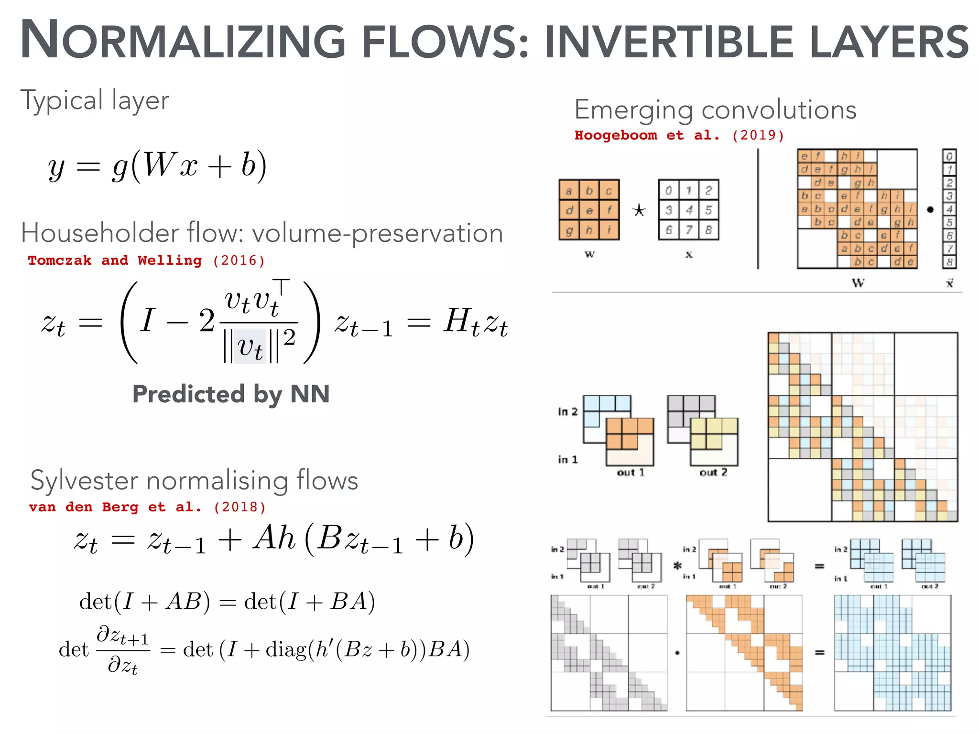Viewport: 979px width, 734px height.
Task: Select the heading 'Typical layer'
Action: pyautogui.click(x=95, y=100)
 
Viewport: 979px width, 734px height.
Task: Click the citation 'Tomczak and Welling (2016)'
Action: pyautogui.click(x=146, y=260)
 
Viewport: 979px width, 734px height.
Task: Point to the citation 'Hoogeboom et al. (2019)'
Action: pyautogui.click(x=679, y=135)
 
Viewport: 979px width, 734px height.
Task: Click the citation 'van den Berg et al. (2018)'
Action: pyautogui.click(x=147, y=507)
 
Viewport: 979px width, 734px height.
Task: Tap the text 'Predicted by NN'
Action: pyautogui.click(x=231, y=394)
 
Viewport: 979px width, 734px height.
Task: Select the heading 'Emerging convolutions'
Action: pyautogui.click(x=715, y=110)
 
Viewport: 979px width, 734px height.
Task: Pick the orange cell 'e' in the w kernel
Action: pyautogui.click(x=589, y=210)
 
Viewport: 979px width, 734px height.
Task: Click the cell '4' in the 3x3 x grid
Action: pyautogui.click(x=689, y=210)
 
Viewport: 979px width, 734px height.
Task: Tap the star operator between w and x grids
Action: pyautogui.click(x=639, y=210)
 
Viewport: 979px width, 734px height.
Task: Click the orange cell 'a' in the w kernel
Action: pyautogui.click(x=569, y=191)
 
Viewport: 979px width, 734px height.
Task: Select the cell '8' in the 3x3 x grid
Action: pyautogui.click(x=708, y=230)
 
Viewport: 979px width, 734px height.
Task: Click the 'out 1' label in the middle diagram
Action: pyautogui.click(x=631, y=473)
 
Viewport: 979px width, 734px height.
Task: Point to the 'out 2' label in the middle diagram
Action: pyautogui.click(x=713, y=473)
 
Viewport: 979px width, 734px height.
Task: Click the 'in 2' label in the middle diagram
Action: pyautogui.click(x=567, y=411)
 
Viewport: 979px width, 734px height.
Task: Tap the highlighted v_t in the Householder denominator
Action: pyautogui.click(x=250, y=346)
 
